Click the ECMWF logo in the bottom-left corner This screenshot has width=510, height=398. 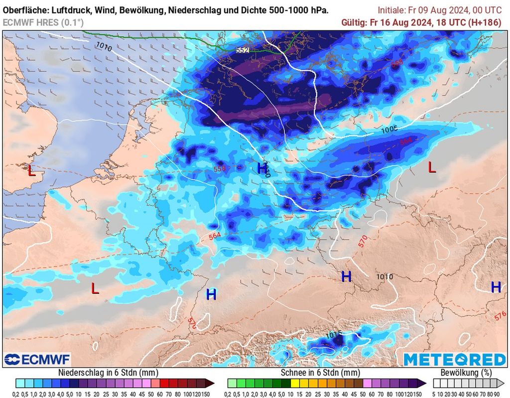point(37,359)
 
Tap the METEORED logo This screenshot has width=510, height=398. point(454,359)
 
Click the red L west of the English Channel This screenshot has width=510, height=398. point(31,171)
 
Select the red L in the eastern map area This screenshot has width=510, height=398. point(432,168)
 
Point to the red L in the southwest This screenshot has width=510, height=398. point(95,288)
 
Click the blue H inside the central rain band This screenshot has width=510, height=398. point(261,168)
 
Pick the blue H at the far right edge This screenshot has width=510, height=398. point(496,287)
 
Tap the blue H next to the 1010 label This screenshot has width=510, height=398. point(346,276)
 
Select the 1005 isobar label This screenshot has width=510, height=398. point(389,130)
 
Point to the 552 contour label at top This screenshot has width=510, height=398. point(243,50)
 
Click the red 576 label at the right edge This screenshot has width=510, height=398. point(500,315)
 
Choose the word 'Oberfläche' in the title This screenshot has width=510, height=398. point(24,10)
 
